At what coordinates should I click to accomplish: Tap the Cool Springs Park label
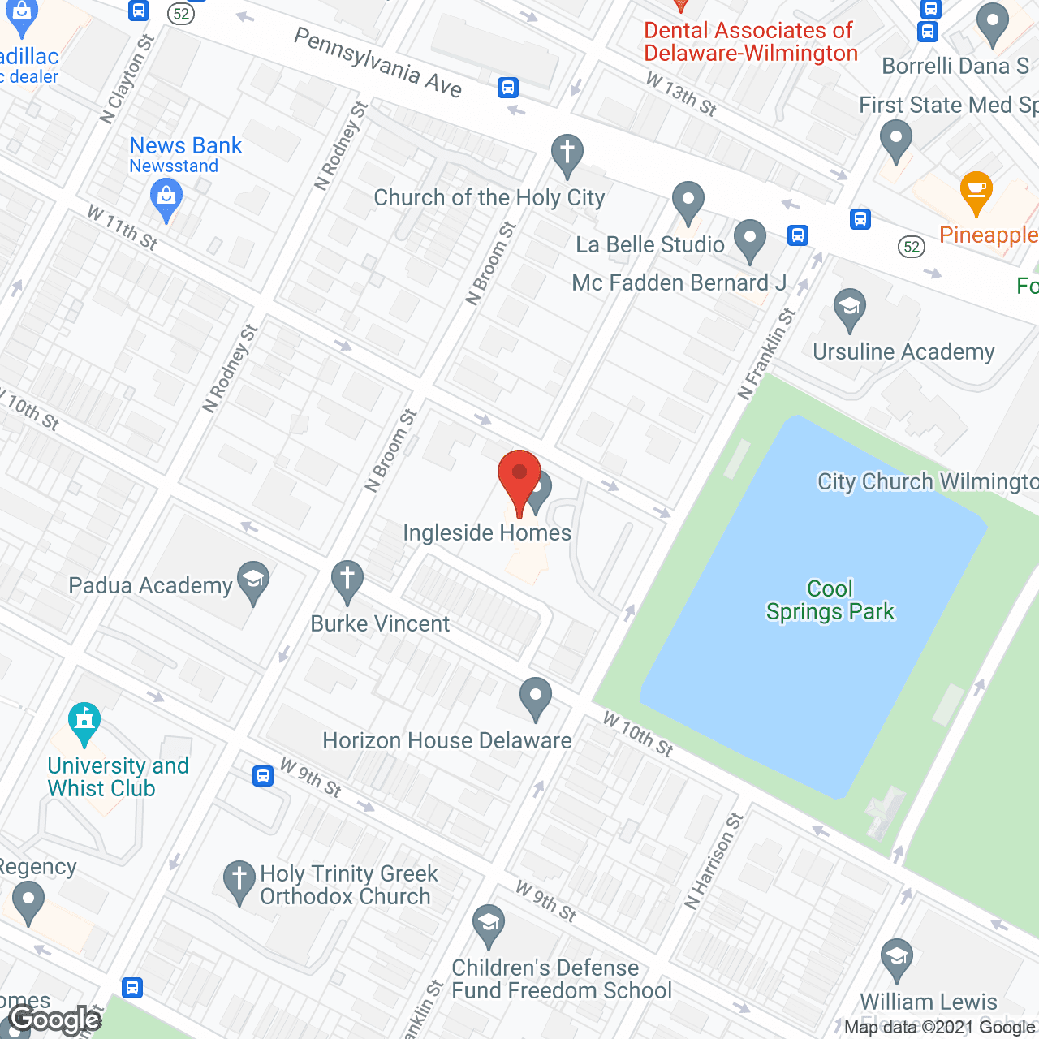pos(830,600)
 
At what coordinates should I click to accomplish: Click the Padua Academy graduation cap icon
pos(254,581)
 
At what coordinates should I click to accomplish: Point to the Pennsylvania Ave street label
pos(377,62)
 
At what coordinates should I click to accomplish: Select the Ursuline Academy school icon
pos(850,308)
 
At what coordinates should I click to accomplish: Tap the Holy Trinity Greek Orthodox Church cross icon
pos(239,880)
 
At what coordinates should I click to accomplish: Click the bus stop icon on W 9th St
pos(262,775)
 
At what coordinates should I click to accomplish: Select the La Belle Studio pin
pos(688,200)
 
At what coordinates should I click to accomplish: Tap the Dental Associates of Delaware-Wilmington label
pos(750,41)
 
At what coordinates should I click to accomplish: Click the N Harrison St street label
pos(714,860)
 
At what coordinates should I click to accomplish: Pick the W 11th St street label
pos(123,227)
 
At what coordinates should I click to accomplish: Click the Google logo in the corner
pos(55,1020)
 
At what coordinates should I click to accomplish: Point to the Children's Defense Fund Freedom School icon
pos(489,925)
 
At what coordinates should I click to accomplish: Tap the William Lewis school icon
pos(897,958)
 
